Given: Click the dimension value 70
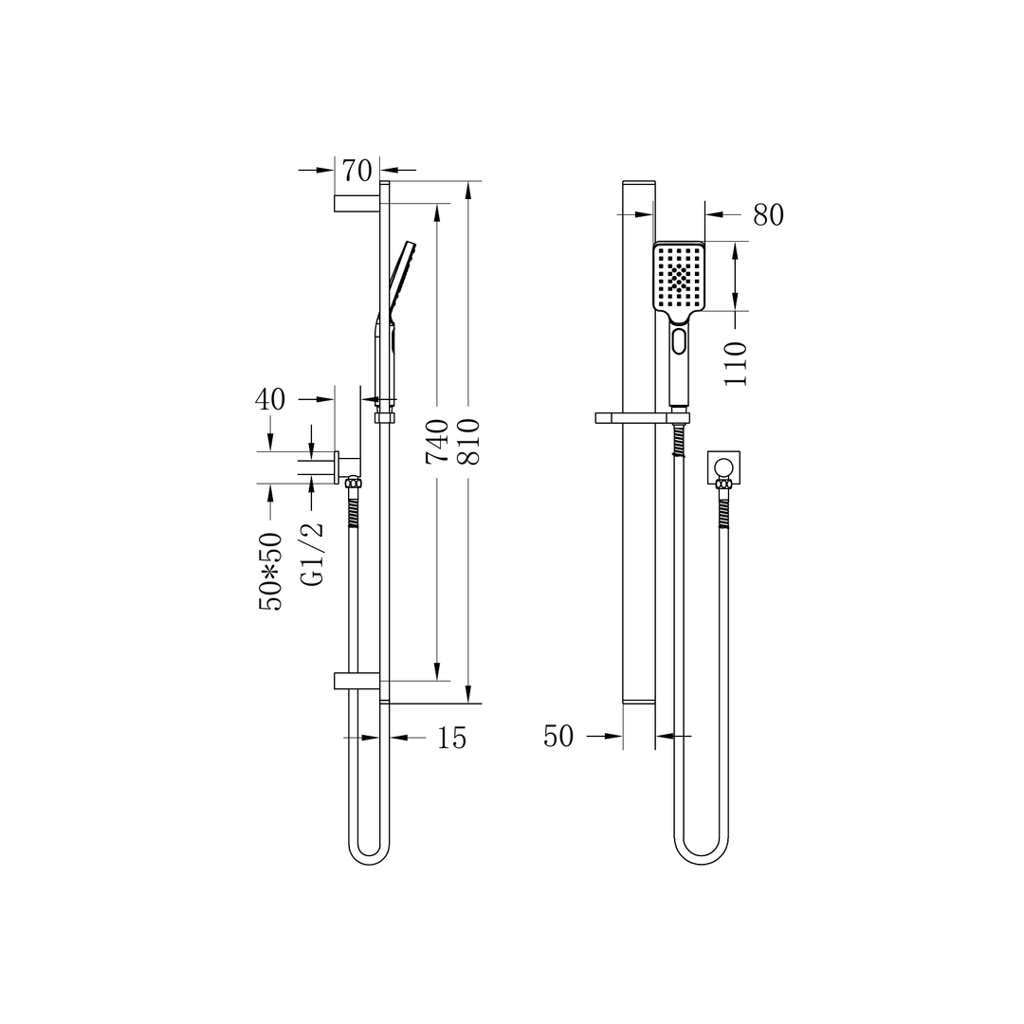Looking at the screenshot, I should tap(357, 171).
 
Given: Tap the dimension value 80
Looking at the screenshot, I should tap(768, 215).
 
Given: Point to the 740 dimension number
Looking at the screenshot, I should tap(437, 440).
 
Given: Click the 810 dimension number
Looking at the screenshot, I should tap(469, 440).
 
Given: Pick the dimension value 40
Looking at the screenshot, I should tap(269, 399).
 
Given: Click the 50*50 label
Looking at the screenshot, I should tap(270, 571).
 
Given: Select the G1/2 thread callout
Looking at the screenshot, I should tap(312, 554).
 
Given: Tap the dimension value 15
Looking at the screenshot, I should tap(451, 738).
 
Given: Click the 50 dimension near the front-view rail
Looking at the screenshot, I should tap(558, 736).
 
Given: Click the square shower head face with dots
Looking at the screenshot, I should tap(679, 277).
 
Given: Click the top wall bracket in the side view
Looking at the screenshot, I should tap(357, 203).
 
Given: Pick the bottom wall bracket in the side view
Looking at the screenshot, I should tap(357, 680).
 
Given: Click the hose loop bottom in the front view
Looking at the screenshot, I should tap(702, 858).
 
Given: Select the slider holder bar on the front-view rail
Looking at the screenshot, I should tap(641, 417).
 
